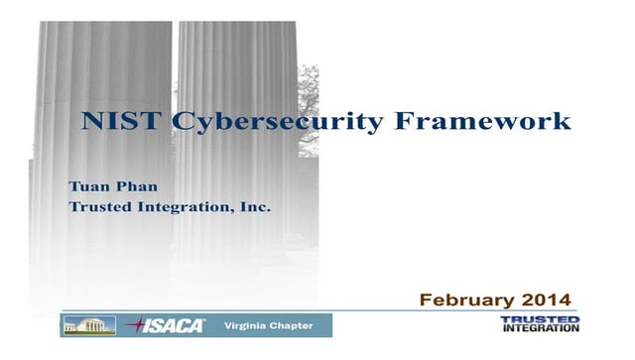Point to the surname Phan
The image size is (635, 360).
pos(138,186)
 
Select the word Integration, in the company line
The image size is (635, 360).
pos(190,206)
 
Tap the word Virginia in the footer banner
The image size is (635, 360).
pos(245,325)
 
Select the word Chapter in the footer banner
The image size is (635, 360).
pos(292,325)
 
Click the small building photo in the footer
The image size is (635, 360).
pos(89,325)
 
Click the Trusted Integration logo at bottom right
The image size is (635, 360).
pos(540,324)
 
